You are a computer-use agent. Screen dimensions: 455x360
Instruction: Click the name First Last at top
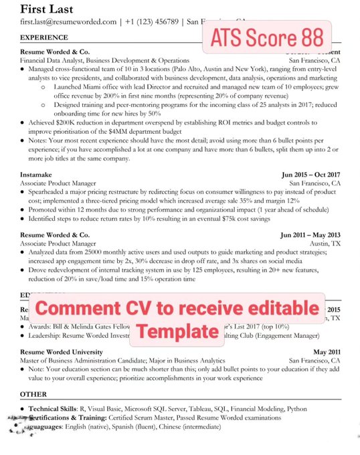47,9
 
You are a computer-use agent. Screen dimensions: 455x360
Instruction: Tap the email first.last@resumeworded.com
68,22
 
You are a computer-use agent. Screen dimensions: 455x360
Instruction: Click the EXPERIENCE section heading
42,39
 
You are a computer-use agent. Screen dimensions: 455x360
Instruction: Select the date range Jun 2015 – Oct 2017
311,174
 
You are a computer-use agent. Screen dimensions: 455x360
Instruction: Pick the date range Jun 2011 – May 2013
310,236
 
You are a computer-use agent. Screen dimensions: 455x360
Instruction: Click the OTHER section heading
33,394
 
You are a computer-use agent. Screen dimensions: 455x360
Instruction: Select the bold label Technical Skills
52,408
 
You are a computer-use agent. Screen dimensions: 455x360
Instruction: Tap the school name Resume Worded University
62,352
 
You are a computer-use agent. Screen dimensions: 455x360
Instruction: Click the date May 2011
327,352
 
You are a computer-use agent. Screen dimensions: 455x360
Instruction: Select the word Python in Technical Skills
296,408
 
